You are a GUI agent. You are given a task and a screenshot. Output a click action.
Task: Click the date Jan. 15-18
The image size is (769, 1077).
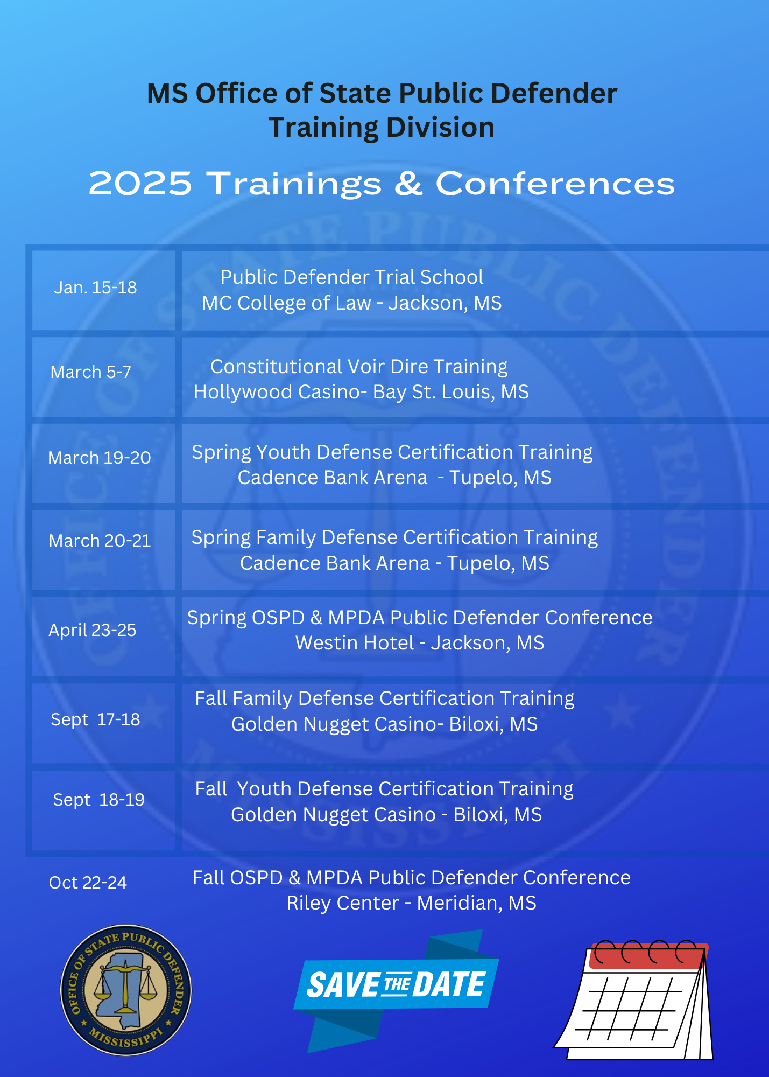click(95, 288)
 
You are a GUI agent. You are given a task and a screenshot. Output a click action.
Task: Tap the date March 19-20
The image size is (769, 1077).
click(100, 458)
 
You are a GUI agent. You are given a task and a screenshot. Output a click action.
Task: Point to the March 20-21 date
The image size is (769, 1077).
click(100, 541)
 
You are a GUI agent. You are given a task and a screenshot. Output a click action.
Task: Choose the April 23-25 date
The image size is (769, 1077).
click(93, 630)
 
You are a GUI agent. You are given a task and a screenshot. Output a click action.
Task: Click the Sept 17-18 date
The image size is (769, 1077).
click(95, 719)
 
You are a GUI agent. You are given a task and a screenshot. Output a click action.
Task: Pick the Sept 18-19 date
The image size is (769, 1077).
click(99, 800)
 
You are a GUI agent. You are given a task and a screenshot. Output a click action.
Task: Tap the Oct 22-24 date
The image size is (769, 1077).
click(88, 883)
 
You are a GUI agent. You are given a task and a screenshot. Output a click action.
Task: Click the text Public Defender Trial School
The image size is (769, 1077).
click(352, 277)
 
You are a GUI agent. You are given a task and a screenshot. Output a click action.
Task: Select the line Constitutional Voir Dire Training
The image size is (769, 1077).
click(359, 367)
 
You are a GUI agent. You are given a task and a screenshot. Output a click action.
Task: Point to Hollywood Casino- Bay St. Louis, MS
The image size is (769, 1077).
click(361, 392)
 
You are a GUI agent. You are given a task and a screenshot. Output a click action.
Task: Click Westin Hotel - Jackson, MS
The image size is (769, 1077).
click(420, 643)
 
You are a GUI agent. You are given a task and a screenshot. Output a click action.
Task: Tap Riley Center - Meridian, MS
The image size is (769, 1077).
click(412, 903)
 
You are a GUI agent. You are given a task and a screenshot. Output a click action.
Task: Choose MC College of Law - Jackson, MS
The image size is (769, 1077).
click(352, 303)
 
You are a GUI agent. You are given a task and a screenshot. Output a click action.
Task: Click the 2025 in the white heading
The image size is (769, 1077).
click(140, 184)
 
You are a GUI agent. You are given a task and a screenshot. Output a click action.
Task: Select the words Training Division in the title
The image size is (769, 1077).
click(382, 128)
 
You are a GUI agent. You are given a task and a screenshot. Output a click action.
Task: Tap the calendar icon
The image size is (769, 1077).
click(633, 1000)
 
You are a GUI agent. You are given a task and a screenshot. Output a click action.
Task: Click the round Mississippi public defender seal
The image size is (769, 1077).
click(126, 990)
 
